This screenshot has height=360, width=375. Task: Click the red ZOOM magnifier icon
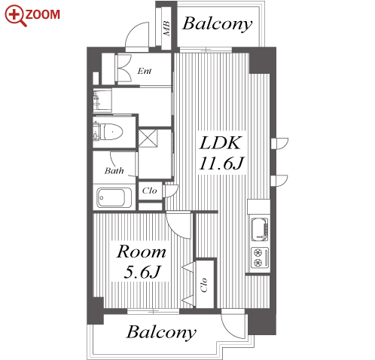pos(16,16)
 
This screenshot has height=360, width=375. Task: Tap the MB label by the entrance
pos(166,28)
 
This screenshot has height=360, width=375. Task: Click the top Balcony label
pos(218,25)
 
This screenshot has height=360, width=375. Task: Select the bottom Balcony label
pos(161,333)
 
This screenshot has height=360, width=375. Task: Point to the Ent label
pos(145,71)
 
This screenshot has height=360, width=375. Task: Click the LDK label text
pos(221,143)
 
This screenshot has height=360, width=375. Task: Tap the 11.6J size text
pos(221,163)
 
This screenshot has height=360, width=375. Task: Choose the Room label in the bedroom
pos(142,252)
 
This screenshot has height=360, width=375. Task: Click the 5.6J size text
pos(142,272)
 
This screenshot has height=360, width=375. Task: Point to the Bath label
pos(114,171)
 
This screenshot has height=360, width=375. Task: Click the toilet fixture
pos(109,132)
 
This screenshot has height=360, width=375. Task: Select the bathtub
pos(111,197)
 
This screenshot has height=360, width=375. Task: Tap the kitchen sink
pos(260,230)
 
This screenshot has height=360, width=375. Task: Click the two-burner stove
pos(260,258)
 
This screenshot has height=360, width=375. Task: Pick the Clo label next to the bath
pos(150,191)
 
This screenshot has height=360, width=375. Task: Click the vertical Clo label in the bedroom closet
pos(204,285)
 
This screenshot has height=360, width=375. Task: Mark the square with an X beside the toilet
pos(148,138)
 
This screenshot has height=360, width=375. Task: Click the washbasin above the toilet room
pos(102,100)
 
